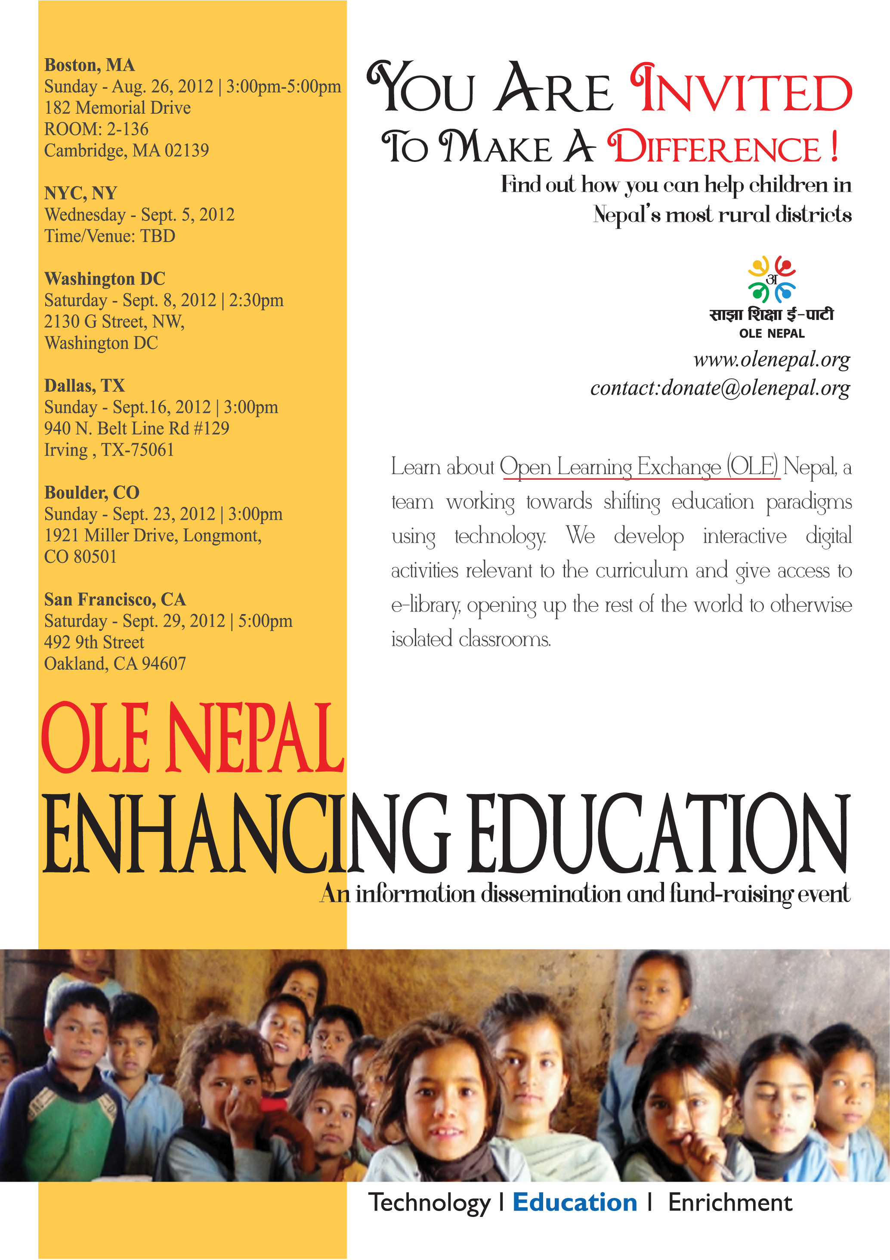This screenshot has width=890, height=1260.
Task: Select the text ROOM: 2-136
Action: pos(96,129)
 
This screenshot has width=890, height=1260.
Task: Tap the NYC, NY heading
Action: pos(80,193)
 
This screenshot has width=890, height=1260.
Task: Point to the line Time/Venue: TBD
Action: pos(110,236)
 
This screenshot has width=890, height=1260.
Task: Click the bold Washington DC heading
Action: pos(105,279)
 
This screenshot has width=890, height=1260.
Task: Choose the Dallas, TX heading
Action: pos(84,386)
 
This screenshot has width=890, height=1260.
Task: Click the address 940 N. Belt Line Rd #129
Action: pos(136,428)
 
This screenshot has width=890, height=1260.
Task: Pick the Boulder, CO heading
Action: pos(92,493)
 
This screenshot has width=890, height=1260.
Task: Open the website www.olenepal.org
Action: pos(772,360)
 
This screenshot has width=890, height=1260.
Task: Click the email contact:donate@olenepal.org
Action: pos(720,388)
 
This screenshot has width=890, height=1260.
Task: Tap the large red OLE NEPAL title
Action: pos(192,738)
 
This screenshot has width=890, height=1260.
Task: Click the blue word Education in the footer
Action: pos(575,1202)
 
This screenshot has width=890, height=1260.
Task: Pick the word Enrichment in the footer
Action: pos(730,1202)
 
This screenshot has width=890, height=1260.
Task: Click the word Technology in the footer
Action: pos(430,1202)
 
